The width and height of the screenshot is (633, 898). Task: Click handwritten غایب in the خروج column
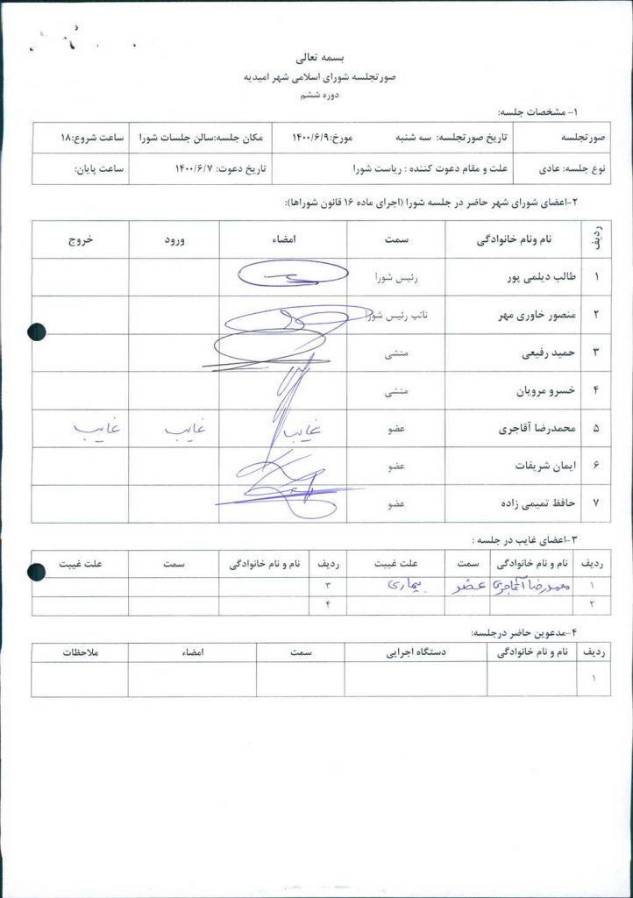coord(96,428)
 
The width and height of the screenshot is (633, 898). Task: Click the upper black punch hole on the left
coord(36,331)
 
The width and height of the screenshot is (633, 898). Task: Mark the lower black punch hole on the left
coord(36,573)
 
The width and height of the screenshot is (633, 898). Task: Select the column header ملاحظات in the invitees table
coord(80,652)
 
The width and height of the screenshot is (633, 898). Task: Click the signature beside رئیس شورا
coord(283,275)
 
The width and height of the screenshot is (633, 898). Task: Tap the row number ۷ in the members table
coord(596,505)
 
